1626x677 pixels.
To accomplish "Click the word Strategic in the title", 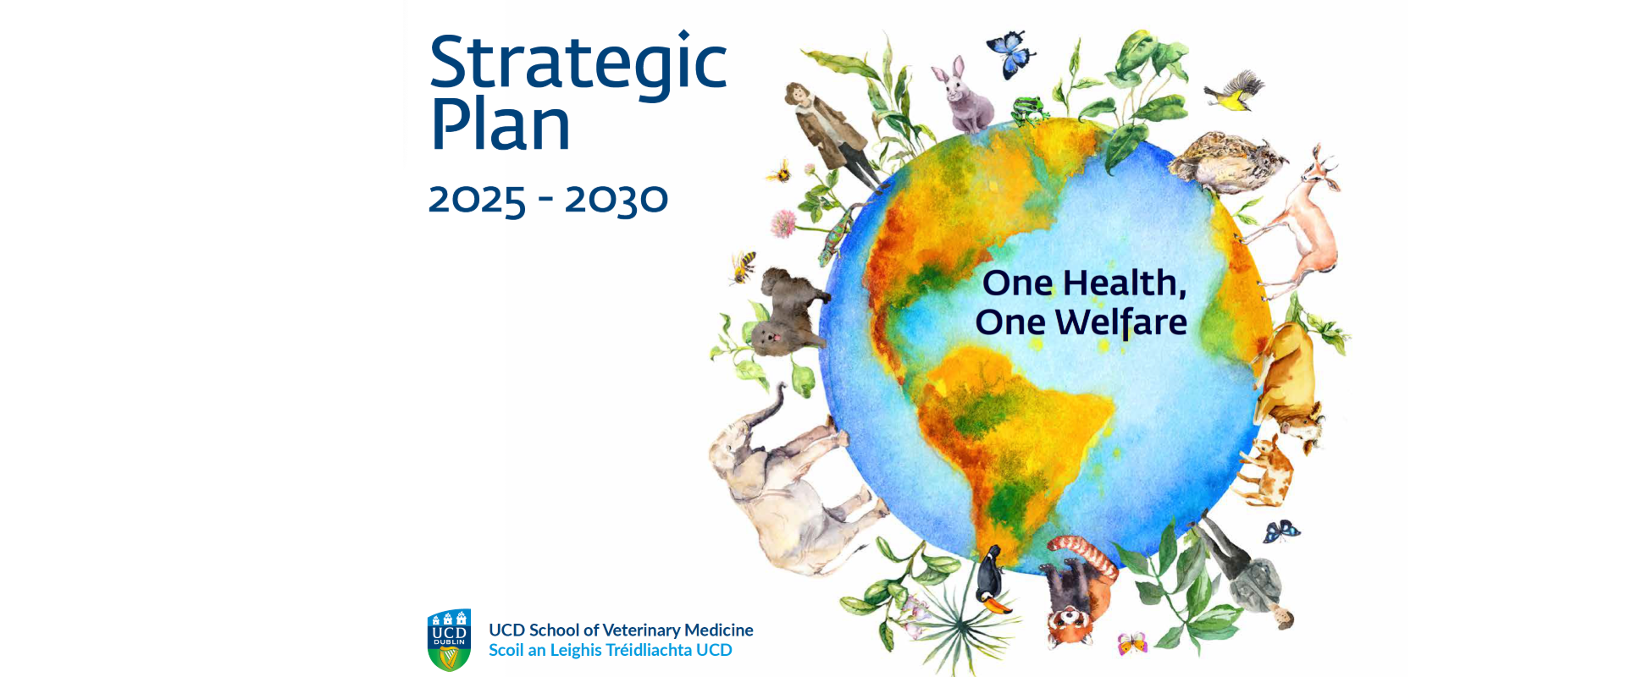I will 578,63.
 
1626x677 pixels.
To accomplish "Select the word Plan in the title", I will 501,125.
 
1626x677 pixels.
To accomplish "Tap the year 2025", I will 477,200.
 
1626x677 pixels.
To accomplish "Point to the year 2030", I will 617,200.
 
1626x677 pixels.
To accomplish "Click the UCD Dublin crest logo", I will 450,639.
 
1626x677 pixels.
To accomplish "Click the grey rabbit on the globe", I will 965,97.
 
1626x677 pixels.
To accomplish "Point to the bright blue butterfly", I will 1011,52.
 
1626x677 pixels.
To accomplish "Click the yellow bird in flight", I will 1232,91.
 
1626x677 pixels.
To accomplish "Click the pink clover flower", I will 784,223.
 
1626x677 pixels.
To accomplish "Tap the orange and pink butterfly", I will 1131,643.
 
